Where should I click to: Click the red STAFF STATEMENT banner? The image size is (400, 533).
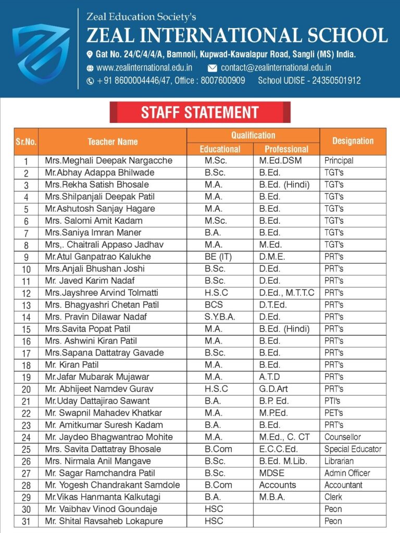[x=200, y=112]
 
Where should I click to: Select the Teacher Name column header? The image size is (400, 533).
[x=113, y=142]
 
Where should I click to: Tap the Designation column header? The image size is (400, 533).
[x=353, y=141]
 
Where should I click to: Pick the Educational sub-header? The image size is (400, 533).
[x=220, y=149]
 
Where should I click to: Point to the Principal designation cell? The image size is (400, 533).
[x=339, y=161]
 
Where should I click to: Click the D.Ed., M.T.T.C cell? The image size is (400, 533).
[x=286, y=293]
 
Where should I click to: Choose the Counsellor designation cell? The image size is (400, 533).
[x=342, y=437]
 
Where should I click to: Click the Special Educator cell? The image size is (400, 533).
[x=353, y=449]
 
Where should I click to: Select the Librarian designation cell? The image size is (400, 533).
[x=339, y=461]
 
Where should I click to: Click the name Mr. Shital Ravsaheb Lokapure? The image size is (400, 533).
[x=104, y=521]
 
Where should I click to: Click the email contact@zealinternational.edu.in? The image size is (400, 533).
[x=276, y=68]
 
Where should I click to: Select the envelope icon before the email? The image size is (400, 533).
[x=213, y=68]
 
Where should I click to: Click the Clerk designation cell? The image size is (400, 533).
[x=333, y=497]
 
